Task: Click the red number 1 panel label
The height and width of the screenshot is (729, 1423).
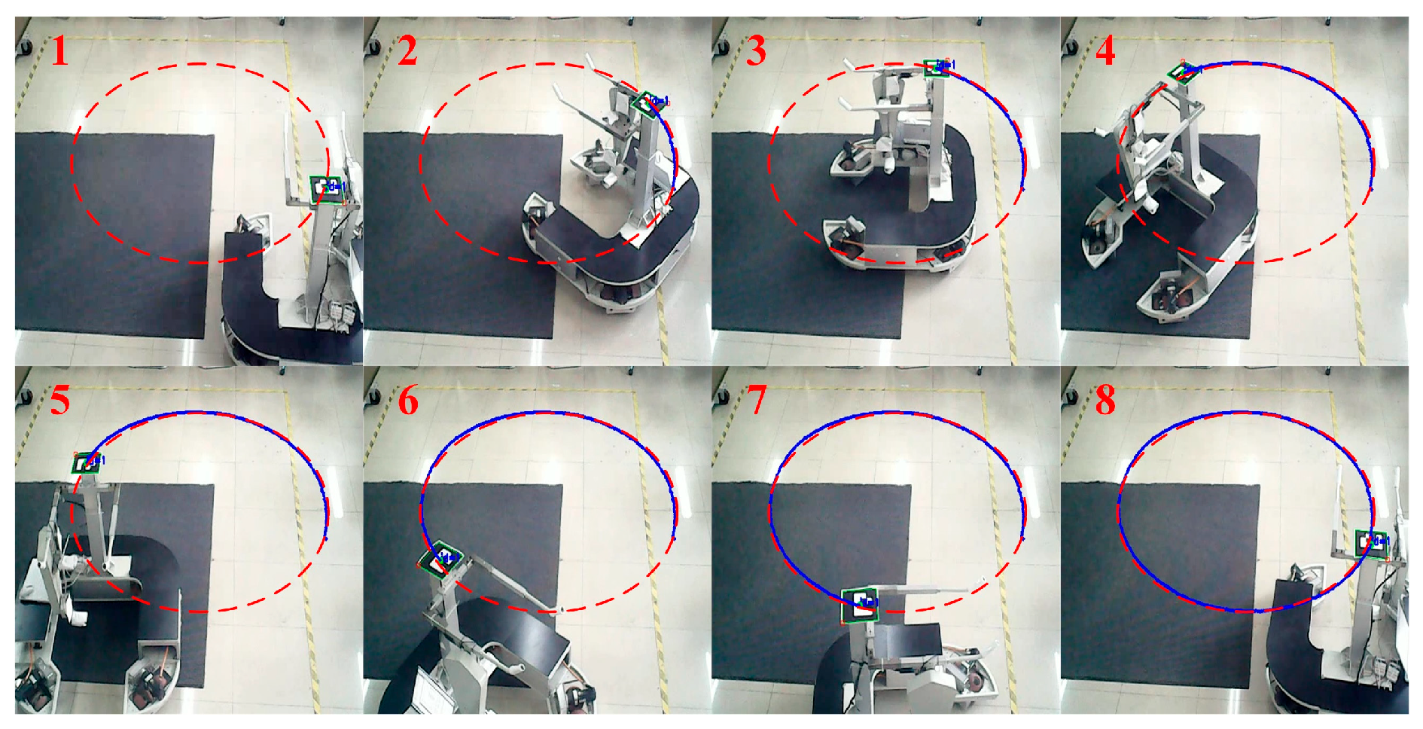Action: (x=59, y=51)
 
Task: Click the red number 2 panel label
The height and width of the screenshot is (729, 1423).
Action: (x=407, y=51)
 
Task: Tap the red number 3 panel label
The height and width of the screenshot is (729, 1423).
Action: (x=756, y=51)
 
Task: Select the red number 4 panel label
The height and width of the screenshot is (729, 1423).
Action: (x=1105, y=51)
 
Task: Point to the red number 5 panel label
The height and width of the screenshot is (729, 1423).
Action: (x=60, y=400)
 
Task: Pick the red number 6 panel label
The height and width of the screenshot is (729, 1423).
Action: (x=408, y=400)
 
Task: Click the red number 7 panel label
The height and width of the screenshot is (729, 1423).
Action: (x=757, y=400)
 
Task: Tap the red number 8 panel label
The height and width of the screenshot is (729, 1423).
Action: (x=1105, y=400)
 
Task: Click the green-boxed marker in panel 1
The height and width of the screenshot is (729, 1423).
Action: (x=325, y=188)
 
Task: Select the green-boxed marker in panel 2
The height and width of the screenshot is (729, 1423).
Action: (x=644, y=102)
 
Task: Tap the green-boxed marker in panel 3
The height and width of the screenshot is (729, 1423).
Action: (x=936, y=67)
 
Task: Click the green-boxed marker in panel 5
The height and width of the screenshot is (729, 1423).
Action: (x=86, y=463)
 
